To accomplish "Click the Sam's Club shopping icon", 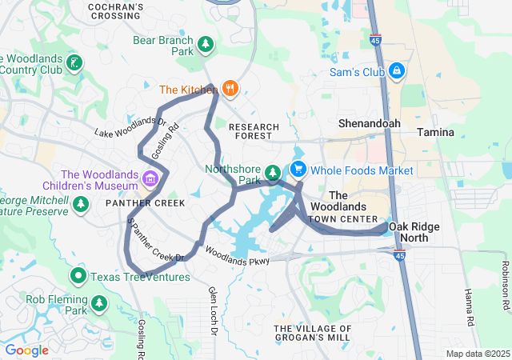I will tap(397, 71).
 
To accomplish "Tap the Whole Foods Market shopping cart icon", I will tap(298, 170).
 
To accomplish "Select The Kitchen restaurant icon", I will tap(230, 89).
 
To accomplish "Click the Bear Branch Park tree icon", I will tap(206, 43).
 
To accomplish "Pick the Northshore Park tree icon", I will tap(273, 172).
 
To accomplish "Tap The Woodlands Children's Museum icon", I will tap(150, 176).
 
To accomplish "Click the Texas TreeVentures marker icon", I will tap(78, 277).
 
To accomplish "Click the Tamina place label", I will tap(436, 132).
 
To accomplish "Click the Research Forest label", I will tap(254, 131).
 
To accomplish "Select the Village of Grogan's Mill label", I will tap(313, 334).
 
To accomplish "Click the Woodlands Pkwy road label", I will tap(237, 254).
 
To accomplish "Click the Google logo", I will tap(26, 350).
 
